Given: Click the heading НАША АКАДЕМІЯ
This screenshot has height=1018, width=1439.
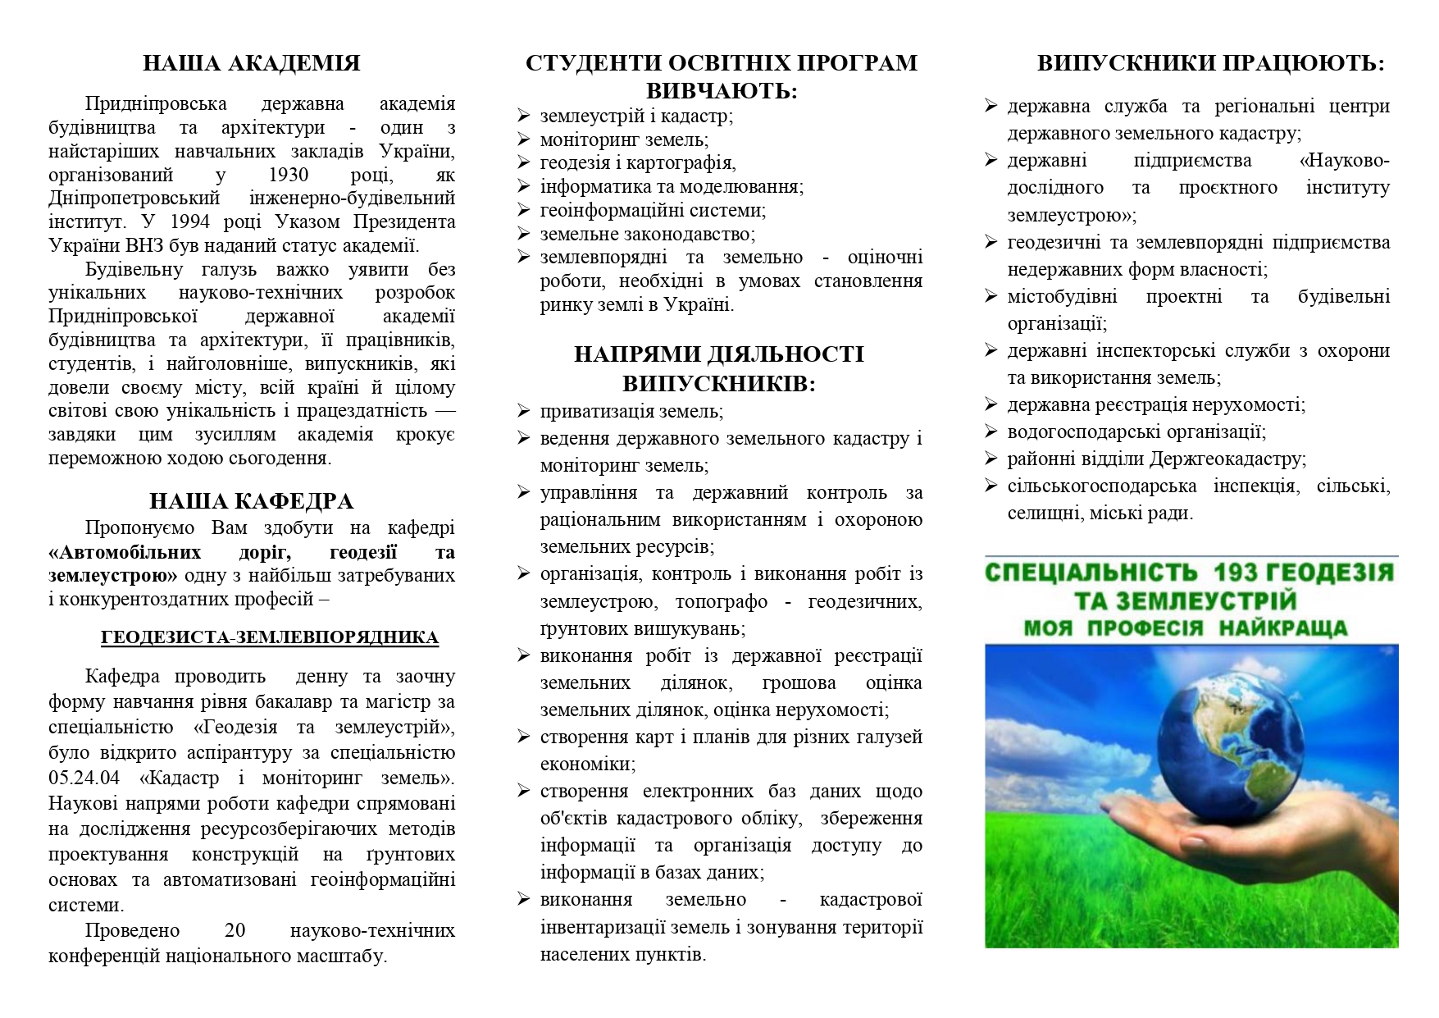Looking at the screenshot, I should coord(251,63).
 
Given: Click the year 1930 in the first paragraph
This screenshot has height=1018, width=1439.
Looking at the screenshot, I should coord(288,175).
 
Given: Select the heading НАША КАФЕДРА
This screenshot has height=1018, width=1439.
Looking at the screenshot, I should coord(251,501).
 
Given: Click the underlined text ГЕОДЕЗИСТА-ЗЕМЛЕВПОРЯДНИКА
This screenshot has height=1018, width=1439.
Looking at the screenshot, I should coord(270,637).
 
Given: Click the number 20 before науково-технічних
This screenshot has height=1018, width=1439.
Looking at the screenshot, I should coord(235,930).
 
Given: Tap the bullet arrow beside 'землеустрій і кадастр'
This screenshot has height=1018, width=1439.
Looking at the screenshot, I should coord(524,116).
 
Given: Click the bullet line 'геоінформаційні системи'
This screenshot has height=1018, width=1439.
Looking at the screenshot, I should coord(652,210).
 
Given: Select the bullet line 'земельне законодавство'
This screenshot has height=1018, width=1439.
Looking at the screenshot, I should coord(647,234).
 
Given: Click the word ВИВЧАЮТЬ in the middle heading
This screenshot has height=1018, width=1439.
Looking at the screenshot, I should coord(722,91).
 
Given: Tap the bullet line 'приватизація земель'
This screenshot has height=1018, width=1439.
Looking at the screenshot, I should coord(631,411).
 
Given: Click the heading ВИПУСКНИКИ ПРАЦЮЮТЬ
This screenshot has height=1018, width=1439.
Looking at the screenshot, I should coord(1210,63).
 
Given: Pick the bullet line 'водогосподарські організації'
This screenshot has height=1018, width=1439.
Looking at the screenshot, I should coord(1136,431).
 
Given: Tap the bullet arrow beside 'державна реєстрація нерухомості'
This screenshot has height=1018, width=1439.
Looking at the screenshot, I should coord(991,404).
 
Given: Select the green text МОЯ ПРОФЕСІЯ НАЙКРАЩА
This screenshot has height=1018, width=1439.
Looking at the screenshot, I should coord(1186,628).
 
